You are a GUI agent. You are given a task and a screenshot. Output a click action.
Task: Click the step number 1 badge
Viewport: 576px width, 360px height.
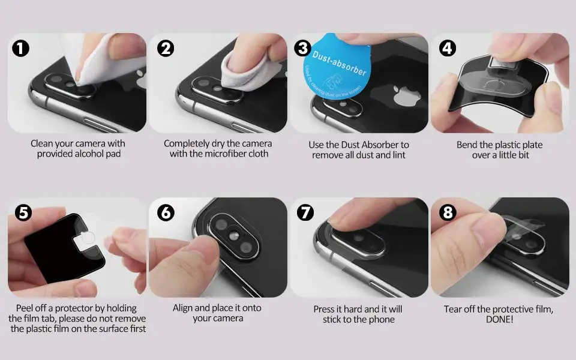click(20, 48)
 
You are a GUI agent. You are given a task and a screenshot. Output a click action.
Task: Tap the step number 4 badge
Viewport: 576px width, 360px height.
click(448, 48)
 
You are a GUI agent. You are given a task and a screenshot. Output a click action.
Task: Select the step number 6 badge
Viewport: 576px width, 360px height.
click(166, 212)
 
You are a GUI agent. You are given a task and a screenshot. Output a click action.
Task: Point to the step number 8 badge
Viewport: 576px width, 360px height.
click(448, 212)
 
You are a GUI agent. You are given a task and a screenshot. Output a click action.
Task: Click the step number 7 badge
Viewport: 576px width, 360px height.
click(305, 212)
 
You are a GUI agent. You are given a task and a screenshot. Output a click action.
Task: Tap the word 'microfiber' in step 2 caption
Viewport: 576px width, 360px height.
click(224, 154)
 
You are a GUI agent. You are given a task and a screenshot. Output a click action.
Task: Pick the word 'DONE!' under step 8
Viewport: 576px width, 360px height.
click(499, 319)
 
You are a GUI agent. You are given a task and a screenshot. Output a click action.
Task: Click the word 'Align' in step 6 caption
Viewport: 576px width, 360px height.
click(182, 308)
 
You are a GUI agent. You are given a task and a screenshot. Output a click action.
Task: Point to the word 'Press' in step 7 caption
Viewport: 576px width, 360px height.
click(325, 310)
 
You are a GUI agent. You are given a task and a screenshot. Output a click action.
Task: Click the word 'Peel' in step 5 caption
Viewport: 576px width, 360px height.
click(25, 308)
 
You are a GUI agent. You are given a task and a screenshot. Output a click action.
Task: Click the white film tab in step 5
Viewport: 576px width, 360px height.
click(85, 241)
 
